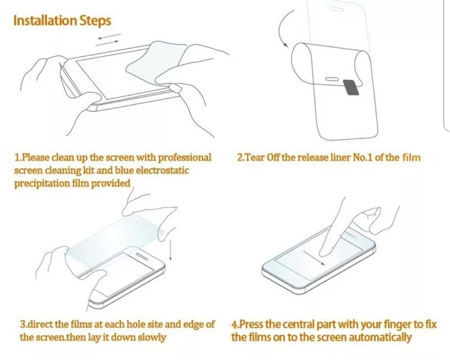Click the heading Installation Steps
62,21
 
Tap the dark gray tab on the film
351,87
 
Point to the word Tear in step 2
254,158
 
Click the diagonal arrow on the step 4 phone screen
314,258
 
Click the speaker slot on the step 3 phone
142,256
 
